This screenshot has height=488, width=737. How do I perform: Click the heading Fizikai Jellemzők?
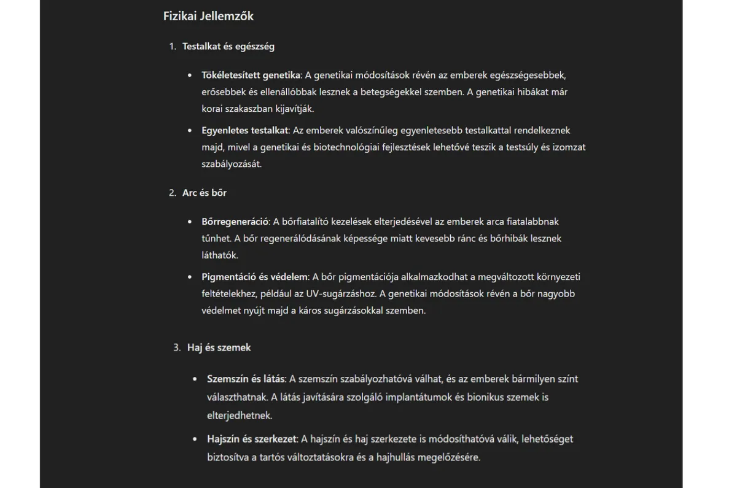coord(208,17)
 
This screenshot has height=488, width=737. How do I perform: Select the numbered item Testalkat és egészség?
coord(228,47)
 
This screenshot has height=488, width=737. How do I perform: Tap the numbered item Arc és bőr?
coord(205,193)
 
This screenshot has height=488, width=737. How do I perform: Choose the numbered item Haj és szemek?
coord(219,347)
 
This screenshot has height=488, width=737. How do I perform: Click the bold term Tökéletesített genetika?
coord(251,76)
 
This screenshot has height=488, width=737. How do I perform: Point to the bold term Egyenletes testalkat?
coord(244,131)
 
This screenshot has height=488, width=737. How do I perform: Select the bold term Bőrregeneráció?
coord(235,222)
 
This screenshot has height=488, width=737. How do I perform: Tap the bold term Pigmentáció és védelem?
coord(254,277)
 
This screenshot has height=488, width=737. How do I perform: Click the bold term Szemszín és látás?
coord(246,379)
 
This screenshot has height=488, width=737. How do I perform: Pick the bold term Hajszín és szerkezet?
coord(252,439)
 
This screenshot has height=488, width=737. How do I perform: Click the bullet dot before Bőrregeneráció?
coord(190,222)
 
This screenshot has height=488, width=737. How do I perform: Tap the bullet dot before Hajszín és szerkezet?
coord(195,440)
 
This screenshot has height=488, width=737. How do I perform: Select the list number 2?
coord(172,193)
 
